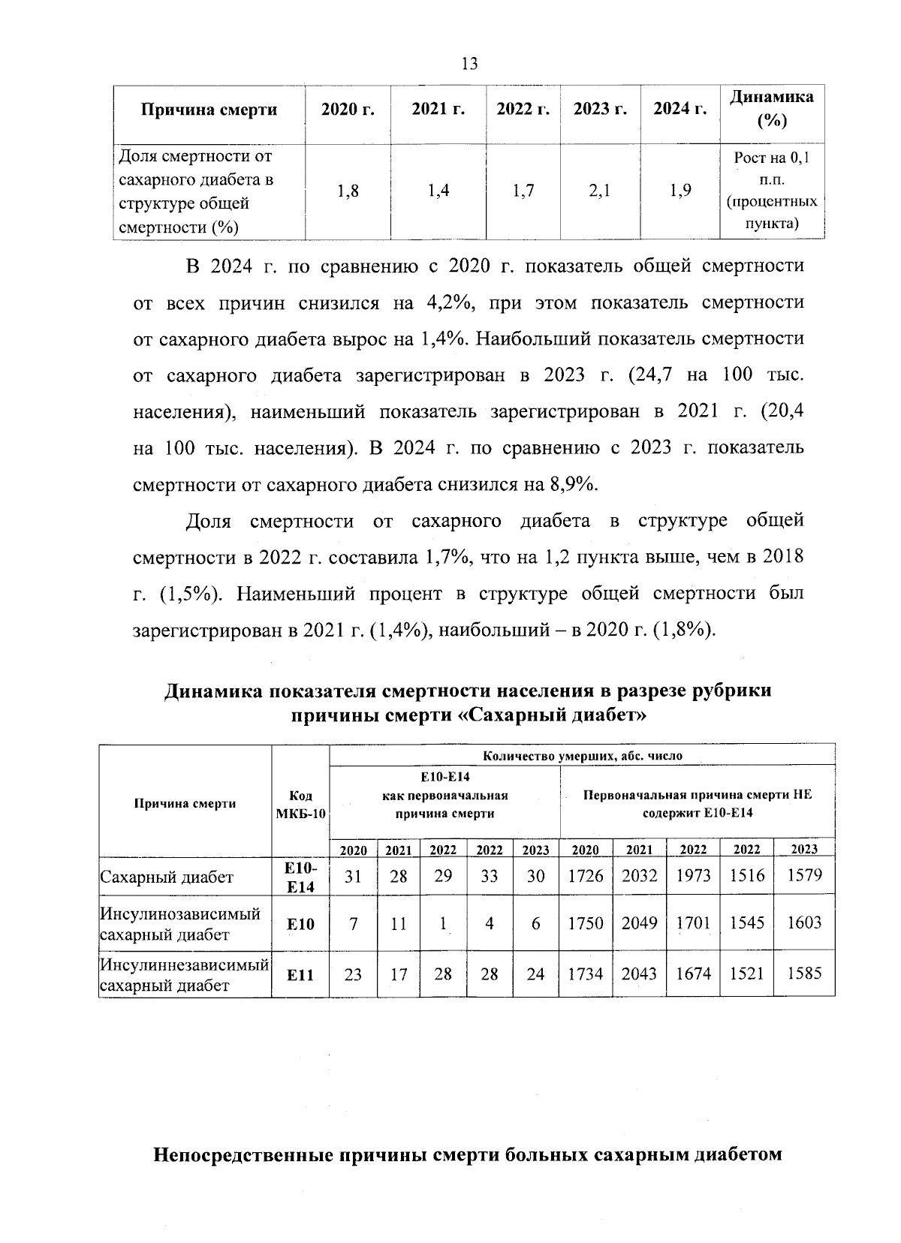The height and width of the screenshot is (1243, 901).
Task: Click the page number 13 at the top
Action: coord(470,64)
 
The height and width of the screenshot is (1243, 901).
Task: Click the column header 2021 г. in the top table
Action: coord(438,110)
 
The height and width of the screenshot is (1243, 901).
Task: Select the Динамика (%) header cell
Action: coord(772,110)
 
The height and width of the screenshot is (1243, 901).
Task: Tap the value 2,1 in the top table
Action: coord(599,191)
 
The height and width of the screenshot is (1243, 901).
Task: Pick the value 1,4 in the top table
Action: coord(438,191)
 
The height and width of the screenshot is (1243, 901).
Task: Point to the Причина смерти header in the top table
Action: coord(209,110)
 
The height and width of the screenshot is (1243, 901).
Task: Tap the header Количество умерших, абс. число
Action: coord(582,756)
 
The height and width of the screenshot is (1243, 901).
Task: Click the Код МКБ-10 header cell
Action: coord(300,804)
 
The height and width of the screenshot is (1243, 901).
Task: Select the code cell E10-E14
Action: coord(300,877)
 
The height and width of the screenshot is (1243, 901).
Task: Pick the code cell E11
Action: coord(300,975)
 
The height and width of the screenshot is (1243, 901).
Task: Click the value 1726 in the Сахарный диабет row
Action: coord(586,875)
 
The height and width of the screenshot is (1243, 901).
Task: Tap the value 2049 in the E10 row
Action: coord(639,923)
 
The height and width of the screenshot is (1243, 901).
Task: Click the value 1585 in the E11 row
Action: coord(804,974)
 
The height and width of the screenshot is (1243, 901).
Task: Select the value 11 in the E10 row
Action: coord(399,923)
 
